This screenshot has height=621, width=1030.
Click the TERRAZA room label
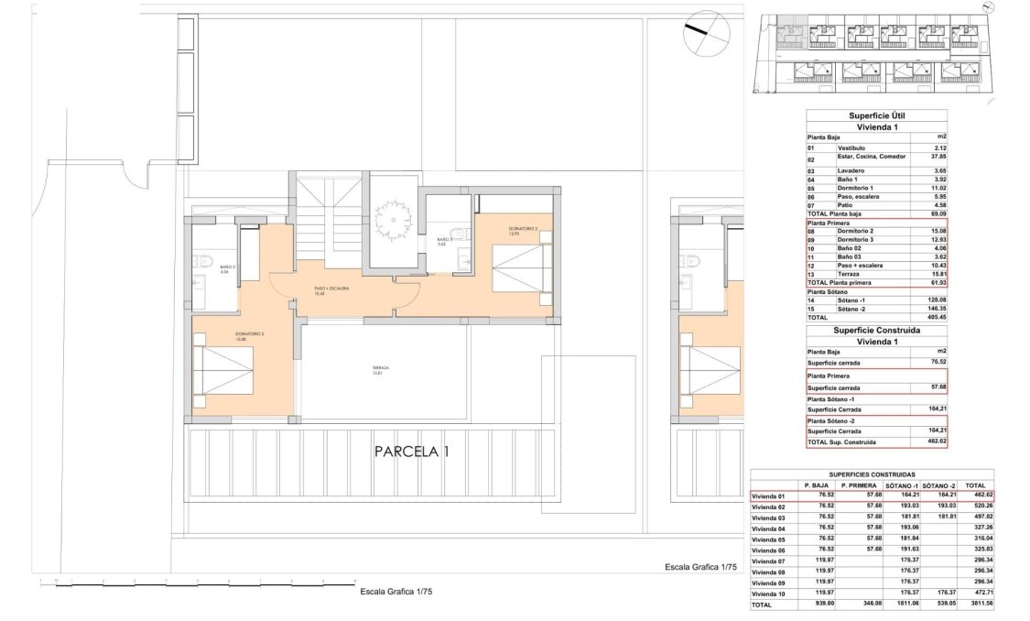coord(380,370)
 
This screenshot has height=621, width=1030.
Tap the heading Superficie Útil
coord(876,116)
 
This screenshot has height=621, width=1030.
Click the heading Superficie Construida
coord(876,330)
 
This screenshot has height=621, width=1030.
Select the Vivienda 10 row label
coord(769,594)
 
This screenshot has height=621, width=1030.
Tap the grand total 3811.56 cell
coord(976,605)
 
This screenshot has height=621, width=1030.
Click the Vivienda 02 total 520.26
coord(976,507)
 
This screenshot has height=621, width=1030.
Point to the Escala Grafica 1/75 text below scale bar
coord(396,592)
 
